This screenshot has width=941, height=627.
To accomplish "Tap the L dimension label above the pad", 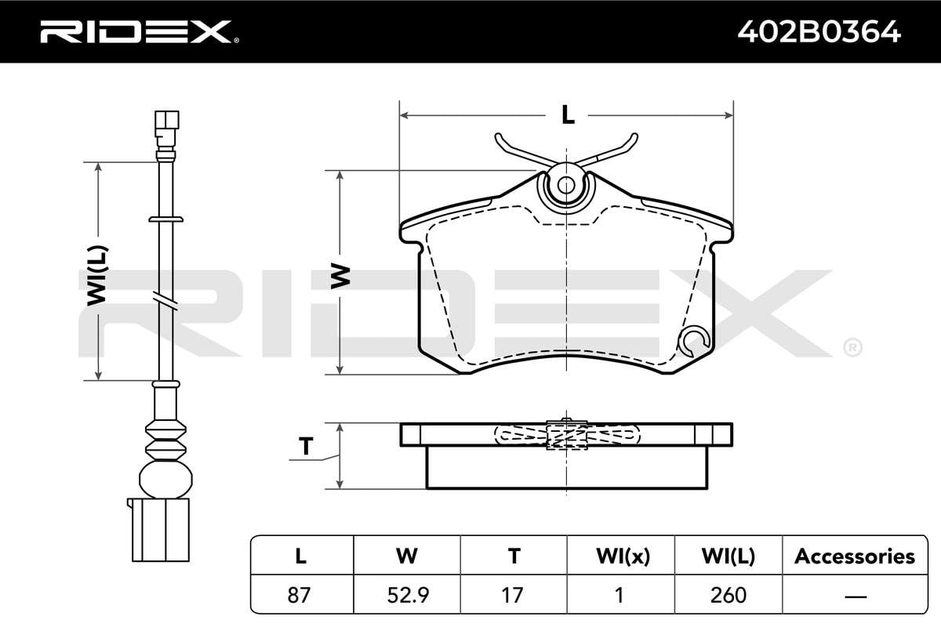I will click(567, 115).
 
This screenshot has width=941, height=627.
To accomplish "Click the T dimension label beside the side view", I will click(306, 447).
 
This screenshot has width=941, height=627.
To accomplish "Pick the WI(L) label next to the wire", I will click(98, 274).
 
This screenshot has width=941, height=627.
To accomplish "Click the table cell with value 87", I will click(300, 595).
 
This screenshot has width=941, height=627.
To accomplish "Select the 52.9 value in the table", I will click(406, 595).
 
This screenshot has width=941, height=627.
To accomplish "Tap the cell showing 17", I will click(513, 595).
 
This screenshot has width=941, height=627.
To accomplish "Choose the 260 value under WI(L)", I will click(728, 595).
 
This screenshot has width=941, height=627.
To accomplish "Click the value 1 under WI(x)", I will click(619, 595).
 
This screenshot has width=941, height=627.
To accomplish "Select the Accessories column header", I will click(854, 556).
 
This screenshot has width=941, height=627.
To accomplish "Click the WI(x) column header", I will click(619, 556).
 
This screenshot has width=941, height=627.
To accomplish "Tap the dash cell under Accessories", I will click(854, 595).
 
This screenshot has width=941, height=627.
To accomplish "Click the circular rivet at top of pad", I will click(565, 185).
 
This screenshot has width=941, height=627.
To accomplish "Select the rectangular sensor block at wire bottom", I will click(161, 530).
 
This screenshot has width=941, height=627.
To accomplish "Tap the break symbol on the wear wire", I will click(165, 300).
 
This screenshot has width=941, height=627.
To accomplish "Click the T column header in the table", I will click(513, 556).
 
